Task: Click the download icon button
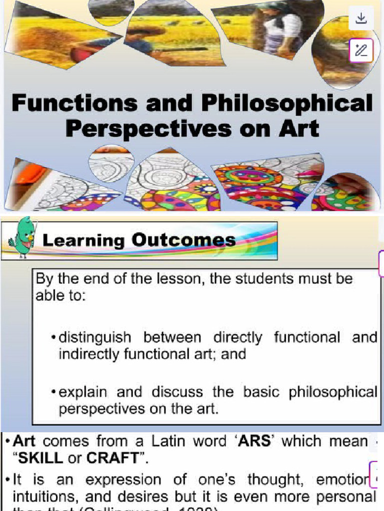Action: coord(361,18)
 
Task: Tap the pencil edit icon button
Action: coord(361,50)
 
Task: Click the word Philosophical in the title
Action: coord(286,104)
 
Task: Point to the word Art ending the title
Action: coord(299,128)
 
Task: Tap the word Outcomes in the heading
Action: coord(183,240)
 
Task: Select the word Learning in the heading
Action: coord(83,241)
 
